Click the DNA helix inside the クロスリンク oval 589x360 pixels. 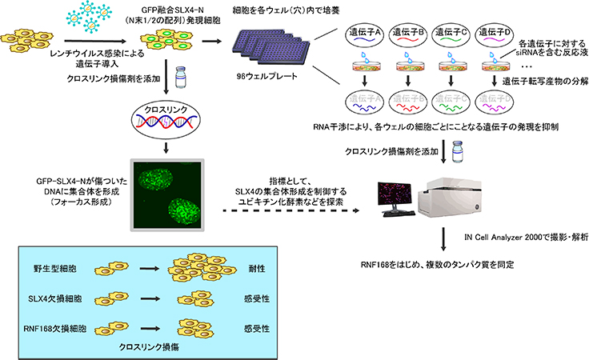point(169,119)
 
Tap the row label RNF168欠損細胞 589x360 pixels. point(58,327)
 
